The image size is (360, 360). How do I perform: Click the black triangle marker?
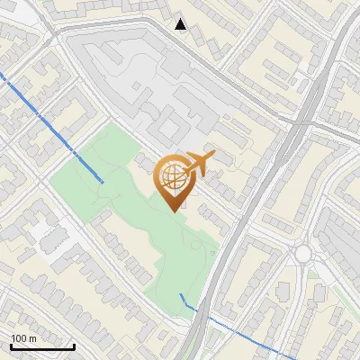pos(181,24)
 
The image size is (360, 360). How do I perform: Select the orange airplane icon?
pos(199,164)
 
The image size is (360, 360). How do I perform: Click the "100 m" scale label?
pos(23,338)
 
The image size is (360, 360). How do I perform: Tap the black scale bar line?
pos(41,346)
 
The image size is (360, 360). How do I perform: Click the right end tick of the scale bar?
pos(74,344)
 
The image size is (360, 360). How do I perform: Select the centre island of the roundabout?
pos(303,254)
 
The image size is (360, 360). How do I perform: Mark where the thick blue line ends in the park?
pos(102,182)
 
